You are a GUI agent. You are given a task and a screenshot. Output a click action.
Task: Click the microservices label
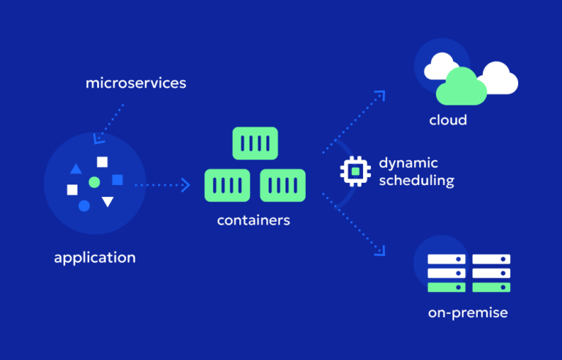click(x=135, y=83)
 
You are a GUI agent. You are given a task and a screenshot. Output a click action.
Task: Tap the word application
click(x=94, y=258)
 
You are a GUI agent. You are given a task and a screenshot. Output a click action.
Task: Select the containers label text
click(x=253, y=220)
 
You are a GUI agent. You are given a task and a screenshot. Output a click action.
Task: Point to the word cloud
click(x=448, y=120)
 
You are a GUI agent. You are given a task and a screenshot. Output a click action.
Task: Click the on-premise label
click(x=468, y=313)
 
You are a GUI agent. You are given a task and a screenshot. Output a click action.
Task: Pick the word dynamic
click(x=408, y=162)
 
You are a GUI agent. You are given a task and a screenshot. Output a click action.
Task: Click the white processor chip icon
click(x=356, y=170)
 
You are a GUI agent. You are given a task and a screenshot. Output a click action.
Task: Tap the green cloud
click(x=461, y=88)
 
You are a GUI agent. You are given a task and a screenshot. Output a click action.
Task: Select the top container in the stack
click(x=255, y=143)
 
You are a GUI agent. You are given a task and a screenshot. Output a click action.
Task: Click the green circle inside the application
click(x=94, y=181)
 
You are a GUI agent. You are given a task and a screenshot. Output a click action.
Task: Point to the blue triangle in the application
click(x=76, y=169)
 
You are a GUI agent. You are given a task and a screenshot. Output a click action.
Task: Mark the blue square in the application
click(x=117, y=179)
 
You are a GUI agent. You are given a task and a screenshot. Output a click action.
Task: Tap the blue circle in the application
click(x=84, y=206)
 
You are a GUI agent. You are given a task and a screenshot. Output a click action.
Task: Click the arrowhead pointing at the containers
click(x=186, y=185)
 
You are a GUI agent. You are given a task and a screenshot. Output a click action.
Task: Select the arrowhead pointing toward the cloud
click(x=380, y=95)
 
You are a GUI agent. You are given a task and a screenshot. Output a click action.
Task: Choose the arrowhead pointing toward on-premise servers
click(x=380, y=250)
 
